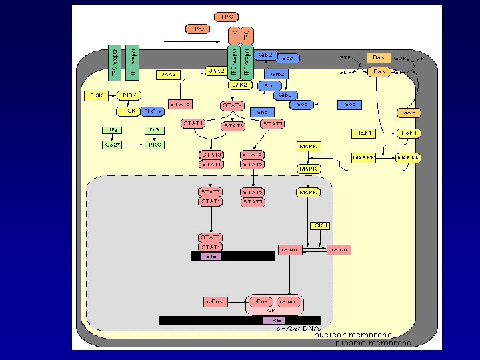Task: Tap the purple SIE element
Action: (211, 256)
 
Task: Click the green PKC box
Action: (154, 144)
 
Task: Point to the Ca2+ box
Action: (111, 144)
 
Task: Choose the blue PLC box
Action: (152, 111)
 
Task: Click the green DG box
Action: (154, 130)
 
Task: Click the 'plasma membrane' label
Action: (363, 343)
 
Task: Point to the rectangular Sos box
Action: (351, 105)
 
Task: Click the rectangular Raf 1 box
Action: (365, 133)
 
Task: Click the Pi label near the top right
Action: (423, 59)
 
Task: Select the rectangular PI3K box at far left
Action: (93, 96)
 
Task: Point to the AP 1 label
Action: (275, 311)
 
